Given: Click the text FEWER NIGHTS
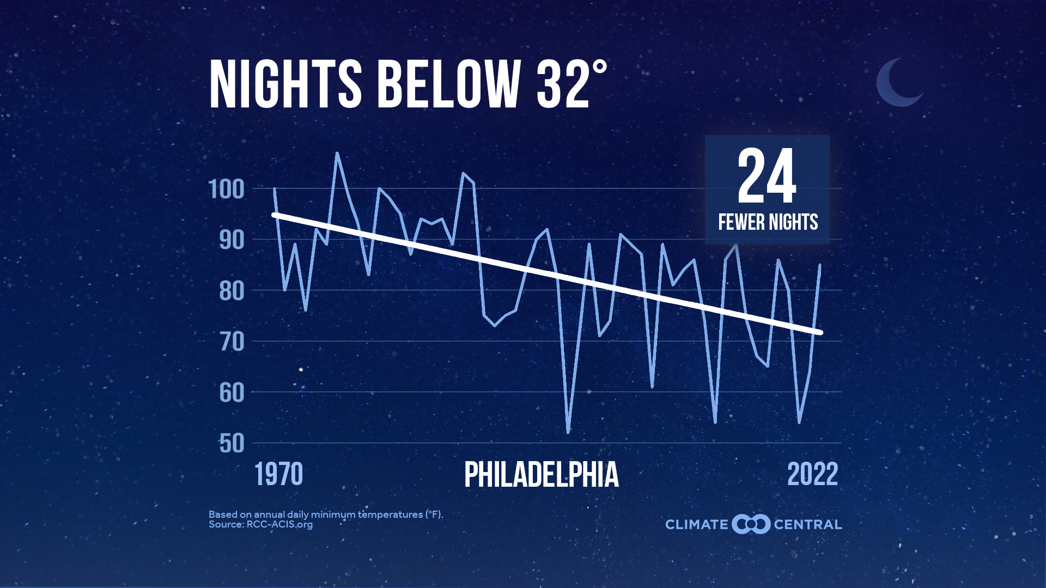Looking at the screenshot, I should (x=768, y=222).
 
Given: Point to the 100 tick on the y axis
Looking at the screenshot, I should (x=227, y=189).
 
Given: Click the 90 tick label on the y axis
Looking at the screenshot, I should (x=232, y=240).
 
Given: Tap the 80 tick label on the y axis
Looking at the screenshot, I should (x=232, y=291).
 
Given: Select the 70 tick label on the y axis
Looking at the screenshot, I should (x=232, y=342).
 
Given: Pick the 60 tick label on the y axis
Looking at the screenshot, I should (x=232, y=393).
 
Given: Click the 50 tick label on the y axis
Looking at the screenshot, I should (x=232, y=444).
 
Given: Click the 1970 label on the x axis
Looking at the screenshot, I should (x=278, y=474).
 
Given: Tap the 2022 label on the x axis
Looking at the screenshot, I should (x=812, y=474).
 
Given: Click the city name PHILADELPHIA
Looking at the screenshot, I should (x=541, y=475).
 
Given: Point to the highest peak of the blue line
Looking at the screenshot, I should (x=337, y=154).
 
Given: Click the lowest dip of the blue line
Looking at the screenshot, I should (x=568, y=432).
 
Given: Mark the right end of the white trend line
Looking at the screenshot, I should (x=820, y=332).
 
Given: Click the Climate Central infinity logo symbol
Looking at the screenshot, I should (x=751, y=524).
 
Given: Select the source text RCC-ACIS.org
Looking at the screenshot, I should (x=279, y=525).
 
